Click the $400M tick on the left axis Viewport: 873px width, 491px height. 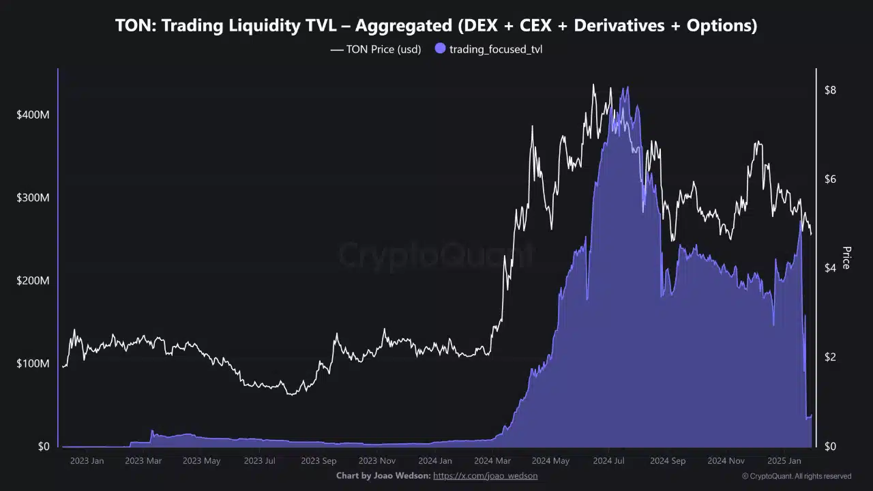33,115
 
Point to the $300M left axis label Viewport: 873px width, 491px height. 33,198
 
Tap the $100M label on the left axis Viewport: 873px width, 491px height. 33,363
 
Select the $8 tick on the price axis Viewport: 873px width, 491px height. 830,90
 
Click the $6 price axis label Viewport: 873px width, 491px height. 830,179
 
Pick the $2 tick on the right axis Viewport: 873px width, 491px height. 830,357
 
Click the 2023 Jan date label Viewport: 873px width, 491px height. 87,461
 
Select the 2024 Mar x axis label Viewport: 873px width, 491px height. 492,461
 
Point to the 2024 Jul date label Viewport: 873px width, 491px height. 609,461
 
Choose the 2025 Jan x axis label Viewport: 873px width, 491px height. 783,461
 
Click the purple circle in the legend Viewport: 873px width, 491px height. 440,48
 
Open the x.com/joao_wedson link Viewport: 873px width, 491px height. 485,476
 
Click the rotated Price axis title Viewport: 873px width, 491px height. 846,258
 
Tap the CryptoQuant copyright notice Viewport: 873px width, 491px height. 796,476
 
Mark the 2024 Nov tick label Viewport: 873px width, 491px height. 726,461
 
